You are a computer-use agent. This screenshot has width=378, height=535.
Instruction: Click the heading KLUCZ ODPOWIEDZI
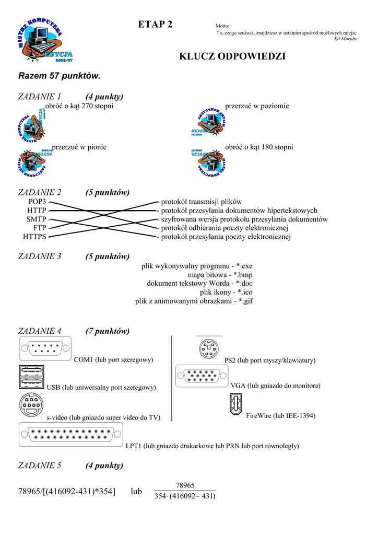[x=232, y=56]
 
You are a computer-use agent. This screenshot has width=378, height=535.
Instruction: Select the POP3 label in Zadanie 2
[x=38, y=202]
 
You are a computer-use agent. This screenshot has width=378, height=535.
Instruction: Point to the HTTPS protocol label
[x=34, y=237]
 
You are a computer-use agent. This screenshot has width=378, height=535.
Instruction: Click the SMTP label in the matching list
[x=36, y=219]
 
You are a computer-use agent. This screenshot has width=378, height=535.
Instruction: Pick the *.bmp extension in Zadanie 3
[x=243, y=275]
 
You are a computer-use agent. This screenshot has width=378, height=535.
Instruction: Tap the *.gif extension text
[x=243, y=301]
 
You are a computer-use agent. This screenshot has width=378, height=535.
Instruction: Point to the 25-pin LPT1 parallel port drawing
[x=71, y=435]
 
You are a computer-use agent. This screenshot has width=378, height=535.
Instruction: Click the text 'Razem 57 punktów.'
[x=59, y=76]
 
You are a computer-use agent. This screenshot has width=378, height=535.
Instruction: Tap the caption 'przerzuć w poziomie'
[x=256, y=106]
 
